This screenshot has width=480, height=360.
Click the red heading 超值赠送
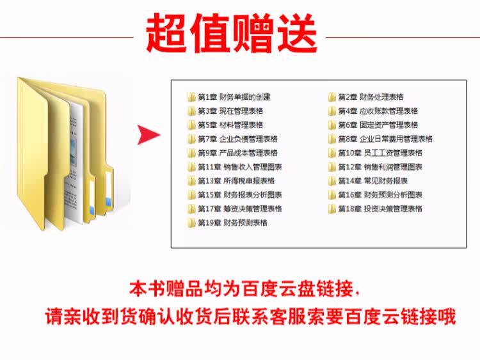(232, 33)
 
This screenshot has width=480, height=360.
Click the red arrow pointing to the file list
(148, 135)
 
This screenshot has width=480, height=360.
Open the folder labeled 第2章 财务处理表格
(371, 97)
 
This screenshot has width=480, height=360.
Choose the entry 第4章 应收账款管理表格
(378, 111)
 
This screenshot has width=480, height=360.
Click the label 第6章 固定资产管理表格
(378, 125)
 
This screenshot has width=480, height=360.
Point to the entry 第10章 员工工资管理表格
(380, 153)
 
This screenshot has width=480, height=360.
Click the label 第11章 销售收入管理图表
(240, 167)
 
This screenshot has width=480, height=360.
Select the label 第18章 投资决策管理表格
(380, 209)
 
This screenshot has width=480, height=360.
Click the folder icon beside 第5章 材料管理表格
(191, 125)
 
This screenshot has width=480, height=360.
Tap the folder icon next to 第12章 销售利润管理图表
(332, 167)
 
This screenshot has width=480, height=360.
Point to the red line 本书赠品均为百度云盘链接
(244, 289)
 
